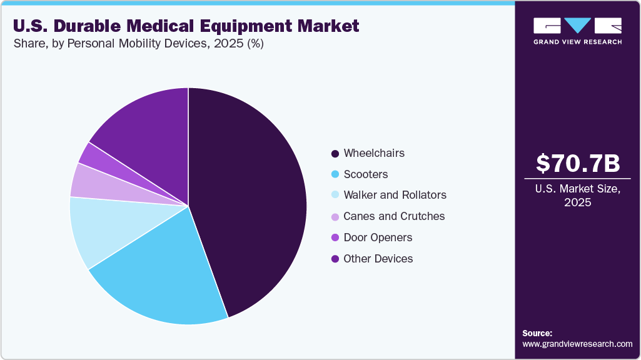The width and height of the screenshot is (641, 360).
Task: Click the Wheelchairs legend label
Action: coord(374,153)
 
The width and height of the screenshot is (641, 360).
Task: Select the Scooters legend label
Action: coord(366,174)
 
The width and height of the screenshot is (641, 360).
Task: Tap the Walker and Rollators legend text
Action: coord(395,195)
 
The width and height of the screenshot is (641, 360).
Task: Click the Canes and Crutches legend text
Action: coord(394,216)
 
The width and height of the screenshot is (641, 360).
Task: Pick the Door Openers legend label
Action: coord(378,237)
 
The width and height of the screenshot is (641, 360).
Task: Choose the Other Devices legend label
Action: coord(378,259)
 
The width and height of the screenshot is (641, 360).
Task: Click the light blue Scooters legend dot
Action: coord(335,174)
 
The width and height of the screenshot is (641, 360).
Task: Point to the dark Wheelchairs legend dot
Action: coord(335,153)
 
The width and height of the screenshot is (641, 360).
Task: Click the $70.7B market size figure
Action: coord(578,163)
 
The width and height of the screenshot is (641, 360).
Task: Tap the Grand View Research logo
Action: coord(578,30)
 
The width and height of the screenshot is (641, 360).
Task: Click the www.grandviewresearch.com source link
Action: coord(577,344)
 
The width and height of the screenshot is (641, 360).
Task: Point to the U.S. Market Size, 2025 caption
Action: coord(578,195)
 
